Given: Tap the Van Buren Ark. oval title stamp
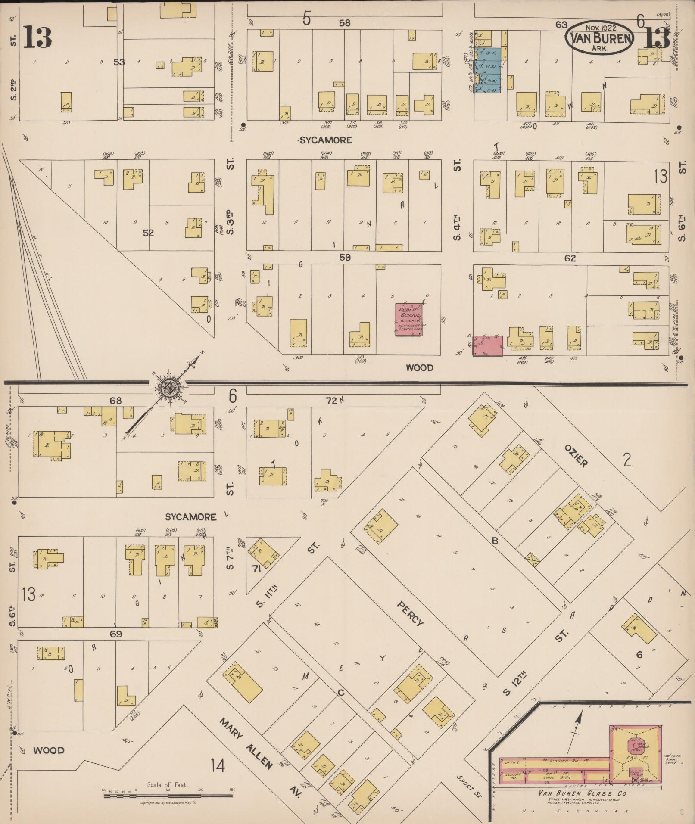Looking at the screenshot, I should [600, 38].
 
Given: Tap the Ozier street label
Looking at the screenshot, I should [575, 456].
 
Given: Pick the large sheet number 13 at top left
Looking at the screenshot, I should [37, 37].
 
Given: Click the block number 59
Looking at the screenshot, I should [345, 257].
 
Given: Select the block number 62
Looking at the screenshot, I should [570, 258].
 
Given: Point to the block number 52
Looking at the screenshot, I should [148, 233].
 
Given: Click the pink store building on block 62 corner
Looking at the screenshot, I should [488, 345].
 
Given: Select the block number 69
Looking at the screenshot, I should [115, 634].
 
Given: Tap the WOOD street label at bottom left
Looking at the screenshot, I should [49, 750].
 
